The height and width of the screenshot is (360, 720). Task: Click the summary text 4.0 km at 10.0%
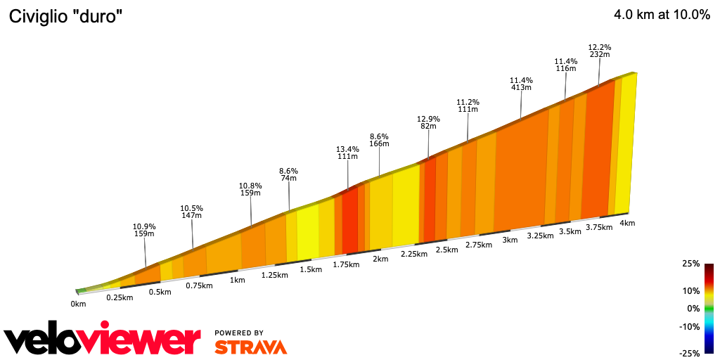662,15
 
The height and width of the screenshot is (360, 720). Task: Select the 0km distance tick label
78,304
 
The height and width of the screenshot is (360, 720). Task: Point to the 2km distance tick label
380,259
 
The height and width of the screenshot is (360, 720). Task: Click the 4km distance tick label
627,223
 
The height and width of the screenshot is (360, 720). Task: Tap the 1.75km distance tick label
345,264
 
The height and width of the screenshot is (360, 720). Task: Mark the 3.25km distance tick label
541,236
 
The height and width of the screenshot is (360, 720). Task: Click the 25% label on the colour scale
690,264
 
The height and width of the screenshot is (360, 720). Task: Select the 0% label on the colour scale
693,308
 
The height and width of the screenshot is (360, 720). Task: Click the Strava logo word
250,347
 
